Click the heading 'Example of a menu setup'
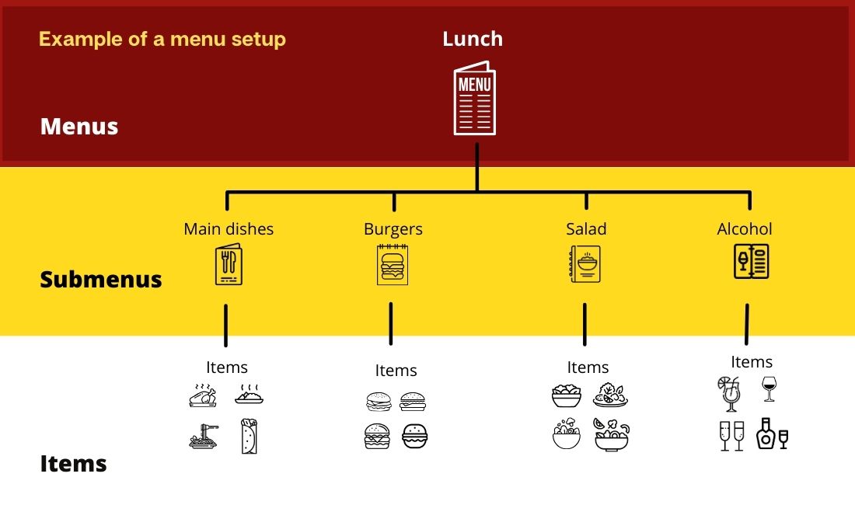[x=162, y=39]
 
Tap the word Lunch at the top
[x=473, y=39]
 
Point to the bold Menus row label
[x=79, y=127]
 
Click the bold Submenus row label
[x=101, y=280]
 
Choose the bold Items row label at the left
[x=73, y=465]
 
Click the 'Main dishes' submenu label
[x=229, y=229]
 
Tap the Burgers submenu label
[x=393, y=229]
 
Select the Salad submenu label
[x=586, y=229]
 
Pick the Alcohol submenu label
[x=745, y=229]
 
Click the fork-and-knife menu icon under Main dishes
[x=228, y=266]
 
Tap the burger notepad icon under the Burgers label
[x=393, y=264]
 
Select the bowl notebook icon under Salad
[x=585, y=264]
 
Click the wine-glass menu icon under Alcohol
[x=752, y=262]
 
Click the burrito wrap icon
[x=250, y=436]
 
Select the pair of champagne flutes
[x=731, y=436]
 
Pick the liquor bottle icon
[x=766, y=434]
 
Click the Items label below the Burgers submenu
[x=396, y=371]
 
